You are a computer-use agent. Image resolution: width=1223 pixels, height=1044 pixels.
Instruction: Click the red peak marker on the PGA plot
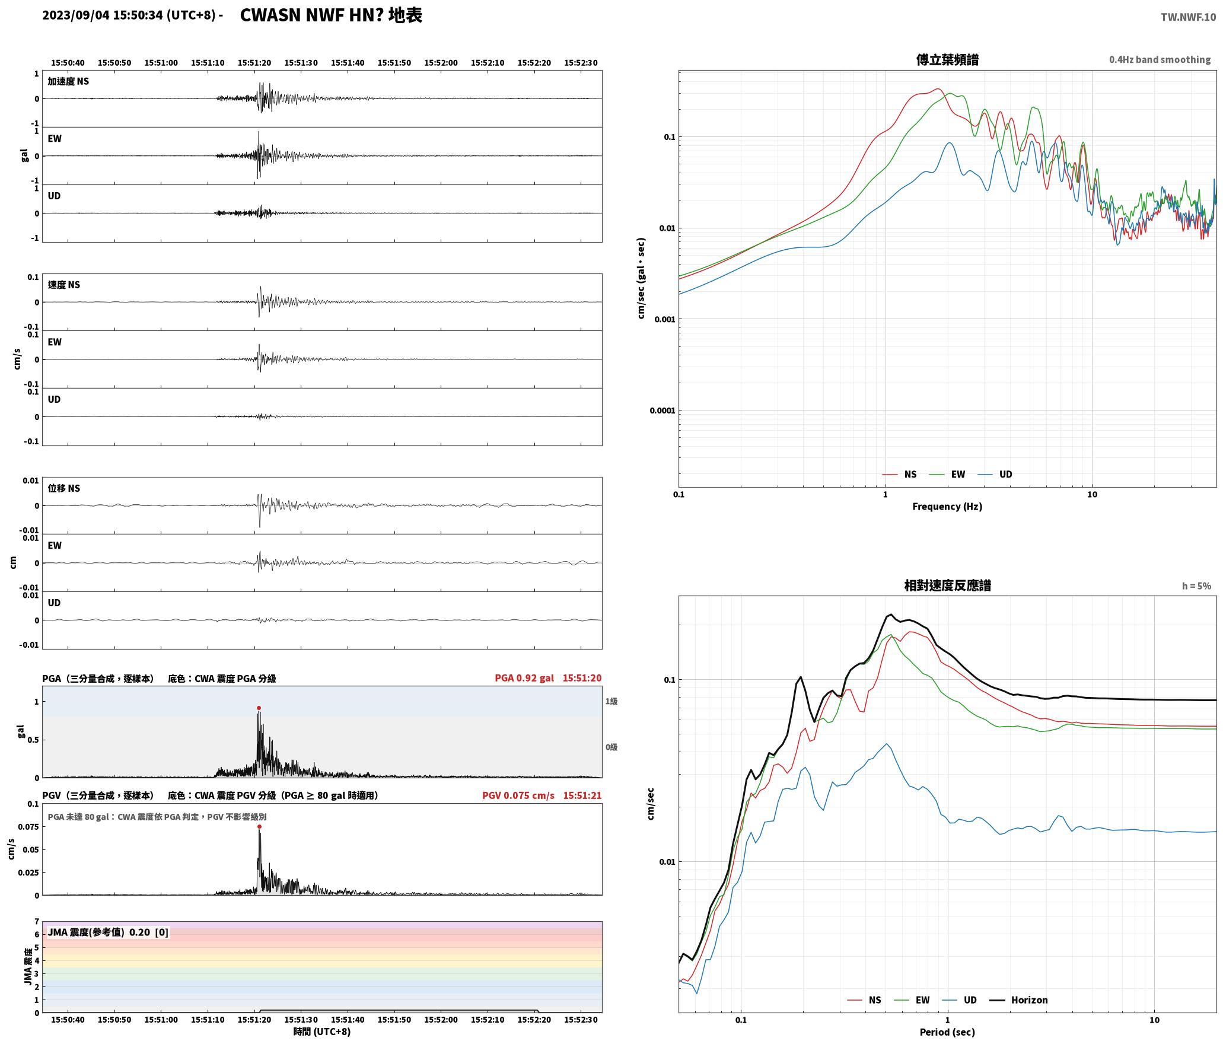(x=259, y=708)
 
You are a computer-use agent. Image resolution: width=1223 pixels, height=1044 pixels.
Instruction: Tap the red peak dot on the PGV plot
(x=259, y=826)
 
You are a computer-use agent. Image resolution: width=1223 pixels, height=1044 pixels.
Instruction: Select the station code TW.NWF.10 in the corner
(x=1188, y=17)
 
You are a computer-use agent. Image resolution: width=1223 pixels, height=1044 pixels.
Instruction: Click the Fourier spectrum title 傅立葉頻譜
(x=947, y=60)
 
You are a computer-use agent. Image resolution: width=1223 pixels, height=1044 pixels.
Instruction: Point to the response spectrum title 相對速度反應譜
(x=947, y=585)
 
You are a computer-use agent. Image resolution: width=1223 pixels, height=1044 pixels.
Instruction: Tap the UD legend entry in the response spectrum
(x=959, y=1000)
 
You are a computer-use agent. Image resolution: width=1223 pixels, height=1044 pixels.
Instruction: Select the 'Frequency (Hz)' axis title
(x=947, y=507)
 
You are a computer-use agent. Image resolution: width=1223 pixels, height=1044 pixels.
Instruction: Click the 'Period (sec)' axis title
(x=947, y=1032)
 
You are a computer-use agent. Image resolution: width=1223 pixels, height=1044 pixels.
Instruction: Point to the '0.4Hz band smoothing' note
(x=1160, y=59)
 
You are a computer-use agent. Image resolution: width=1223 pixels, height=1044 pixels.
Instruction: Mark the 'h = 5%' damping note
(x=1196, y=586)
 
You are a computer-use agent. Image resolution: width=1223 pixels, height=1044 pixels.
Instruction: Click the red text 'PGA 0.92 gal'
(x=524, y=678)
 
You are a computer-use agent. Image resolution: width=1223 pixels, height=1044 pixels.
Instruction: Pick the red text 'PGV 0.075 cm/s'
(x=518, y=795)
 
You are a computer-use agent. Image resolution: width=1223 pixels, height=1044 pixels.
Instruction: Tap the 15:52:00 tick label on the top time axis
(x=441, y=63)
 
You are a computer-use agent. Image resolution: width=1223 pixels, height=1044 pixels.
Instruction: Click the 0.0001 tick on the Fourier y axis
(x=662, y=410)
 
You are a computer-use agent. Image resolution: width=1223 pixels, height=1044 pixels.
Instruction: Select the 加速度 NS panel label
(x=68, y=81)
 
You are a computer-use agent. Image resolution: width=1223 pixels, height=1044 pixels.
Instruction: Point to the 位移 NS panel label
(x=64, y=488)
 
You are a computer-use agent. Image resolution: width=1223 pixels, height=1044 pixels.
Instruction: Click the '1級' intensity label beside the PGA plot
(x=611, y=701)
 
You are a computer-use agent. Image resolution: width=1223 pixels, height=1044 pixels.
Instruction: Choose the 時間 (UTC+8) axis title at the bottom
(x=322, y=1032)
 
